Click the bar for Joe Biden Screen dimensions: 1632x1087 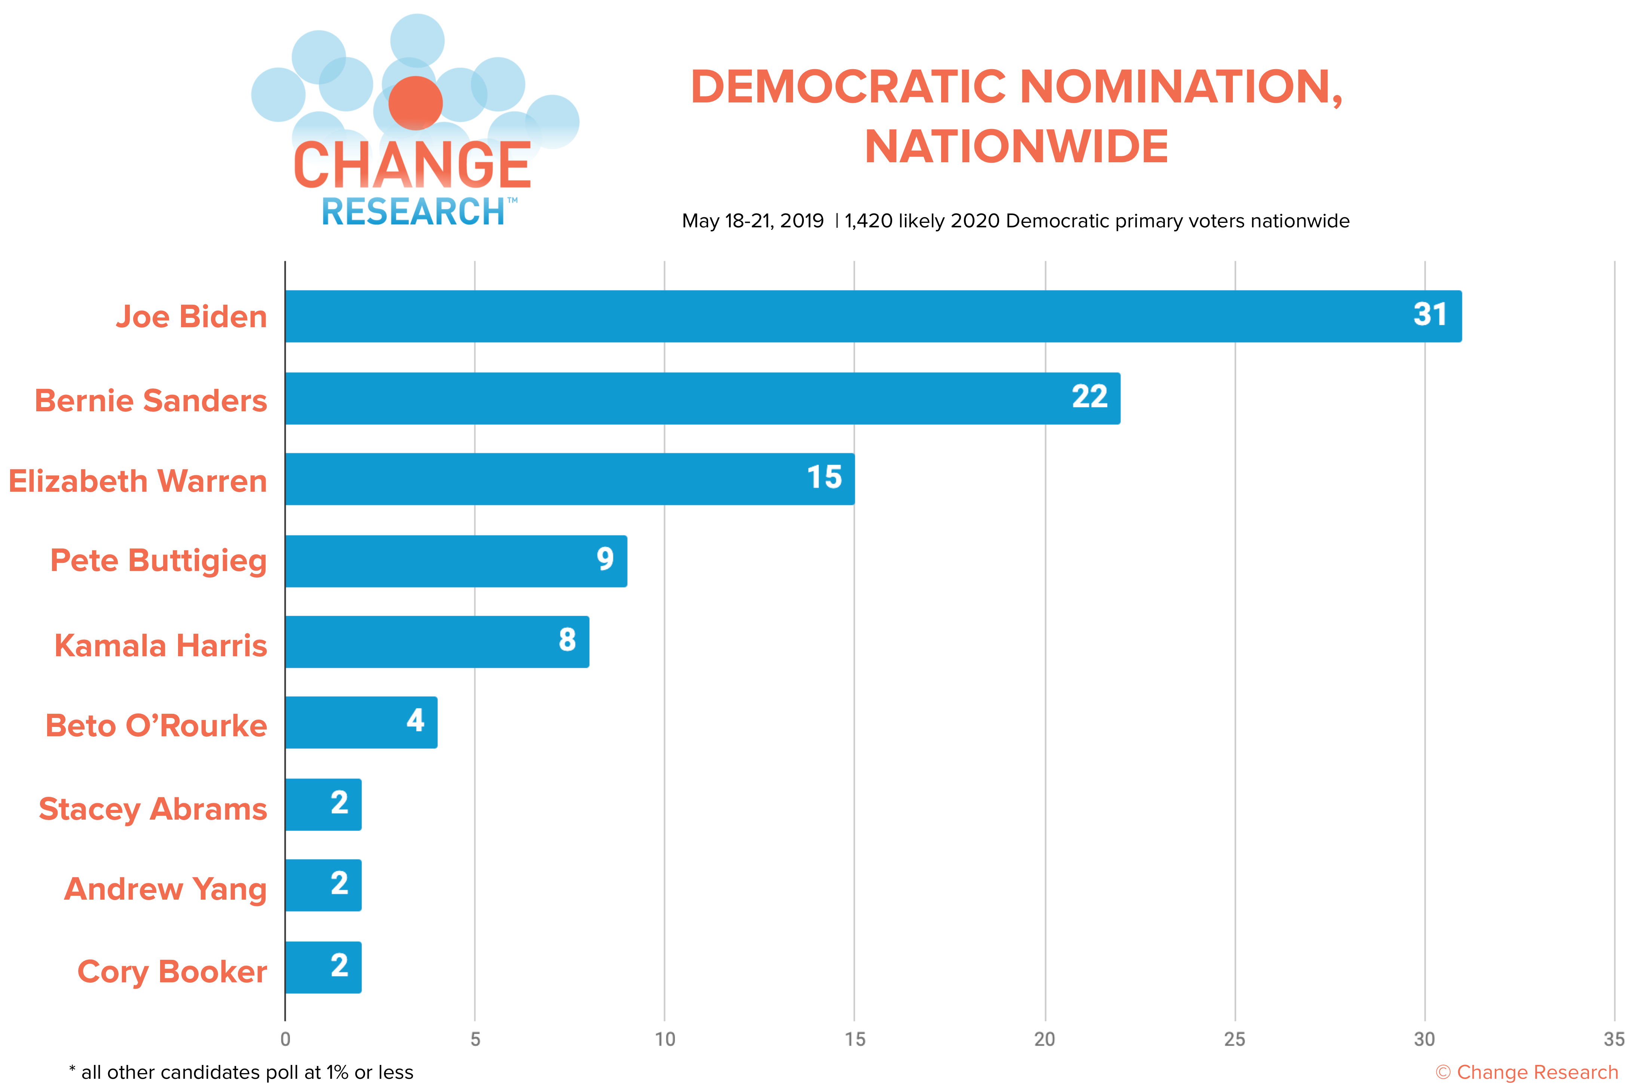coord(873,316)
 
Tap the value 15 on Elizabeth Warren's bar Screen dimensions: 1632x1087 coord(824,478)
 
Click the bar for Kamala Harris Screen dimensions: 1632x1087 coord(438,642)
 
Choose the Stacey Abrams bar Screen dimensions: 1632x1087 coord(324,805)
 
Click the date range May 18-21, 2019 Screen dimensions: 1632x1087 coord(753,221)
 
